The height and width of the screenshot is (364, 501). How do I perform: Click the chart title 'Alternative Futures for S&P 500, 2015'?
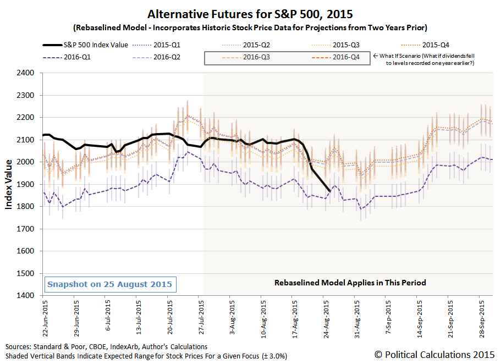250,13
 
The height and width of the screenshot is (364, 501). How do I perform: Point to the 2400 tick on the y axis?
25,73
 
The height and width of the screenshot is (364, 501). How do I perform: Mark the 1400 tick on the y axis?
25,295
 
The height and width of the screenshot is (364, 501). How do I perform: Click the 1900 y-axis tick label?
25,184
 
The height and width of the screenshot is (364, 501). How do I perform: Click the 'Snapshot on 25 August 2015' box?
110,285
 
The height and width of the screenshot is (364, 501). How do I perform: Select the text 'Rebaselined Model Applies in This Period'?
350,283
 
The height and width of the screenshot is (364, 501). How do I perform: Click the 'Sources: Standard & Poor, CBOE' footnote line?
106,347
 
